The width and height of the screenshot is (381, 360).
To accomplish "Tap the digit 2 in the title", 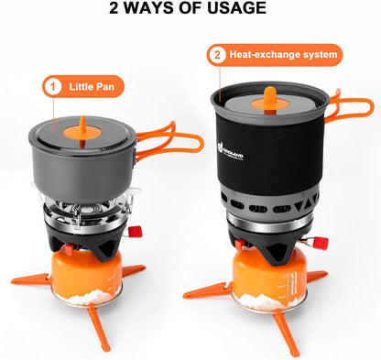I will tap(114, 9).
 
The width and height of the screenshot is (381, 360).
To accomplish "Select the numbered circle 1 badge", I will tap(53, 87).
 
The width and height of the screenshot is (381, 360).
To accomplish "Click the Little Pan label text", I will tap(97, 87).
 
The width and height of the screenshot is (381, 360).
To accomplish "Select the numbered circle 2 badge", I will tap(217, 55).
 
